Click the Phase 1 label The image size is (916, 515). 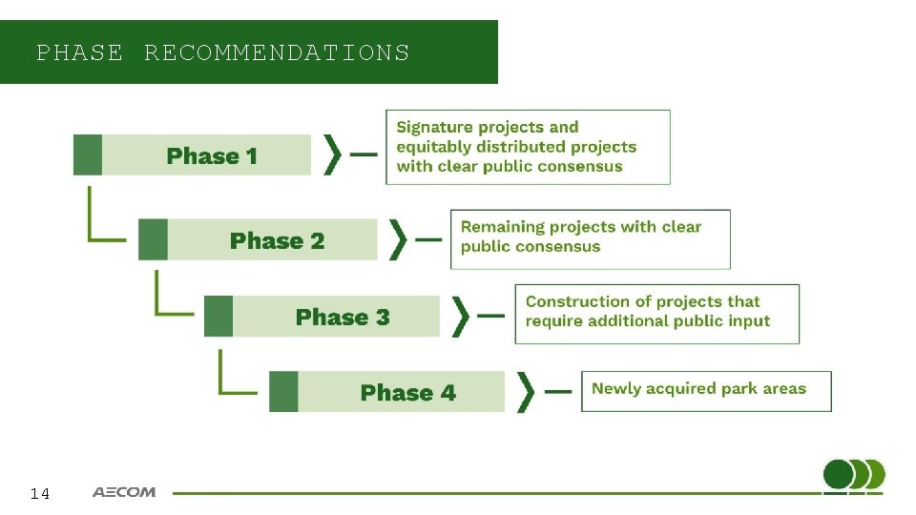(x=212, y=155)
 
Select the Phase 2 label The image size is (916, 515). (x=277, y=240)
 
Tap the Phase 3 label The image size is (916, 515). (x=343, y=317)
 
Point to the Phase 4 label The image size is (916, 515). (x=407, y=392)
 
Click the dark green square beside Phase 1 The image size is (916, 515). (x=87, y=154)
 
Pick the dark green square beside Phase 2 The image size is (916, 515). (x=153, y=239)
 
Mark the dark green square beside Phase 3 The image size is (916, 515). (x=218, y=316)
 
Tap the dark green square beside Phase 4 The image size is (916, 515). (x=283, y=391)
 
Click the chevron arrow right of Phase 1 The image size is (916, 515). (x=333, y=154)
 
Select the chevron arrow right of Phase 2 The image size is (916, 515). (x=398, y=239)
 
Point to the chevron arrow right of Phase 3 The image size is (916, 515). (x=462, y=316)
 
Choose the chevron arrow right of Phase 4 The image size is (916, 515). (x=526, y=391)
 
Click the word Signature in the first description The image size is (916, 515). (x=434, y=127)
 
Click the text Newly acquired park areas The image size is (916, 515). (x=698, y=388)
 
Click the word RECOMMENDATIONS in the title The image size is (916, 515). (x=277, y=52)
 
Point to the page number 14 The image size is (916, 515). (x=39, y=493)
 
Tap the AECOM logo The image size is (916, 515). (x=123, y=492)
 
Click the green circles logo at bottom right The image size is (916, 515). (x=853, y=475)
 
